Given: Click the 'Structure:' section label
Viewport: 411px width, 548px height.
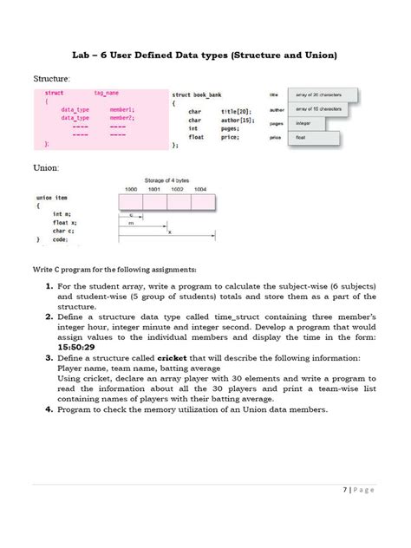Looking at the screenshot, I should click(51, 79).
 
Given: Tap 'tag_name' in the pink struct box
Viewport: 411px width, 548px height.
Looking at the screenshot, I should click(106, 93).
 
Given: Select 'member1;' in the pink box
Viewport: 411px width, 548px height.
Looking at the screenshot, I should click(122, 110).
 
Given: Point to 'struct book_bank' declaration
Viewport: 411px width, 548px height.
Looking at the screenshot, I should click(197, 95).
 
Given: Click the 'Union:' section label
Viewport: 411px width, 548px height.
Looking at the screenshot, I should click(45, 164).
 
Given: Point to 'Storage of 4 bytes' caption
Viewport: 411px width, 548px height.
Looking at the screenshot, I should click(168, 179).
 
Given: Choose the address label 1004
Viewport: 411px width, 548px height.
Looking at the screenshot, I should click(200, 188).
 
